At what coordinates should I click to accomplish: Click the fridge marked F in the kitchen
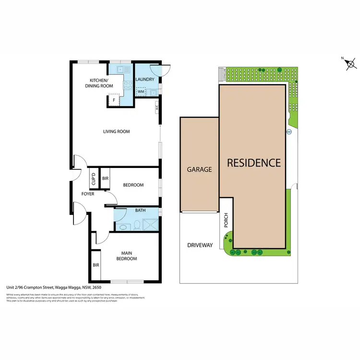click(114, 100)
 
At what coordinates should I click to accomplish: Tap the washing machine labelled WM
click(141, 91)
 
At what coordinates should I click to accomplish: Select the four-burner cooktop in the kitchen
click(128, 86)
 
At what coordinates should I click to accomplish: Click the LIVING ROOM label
click(117, 132)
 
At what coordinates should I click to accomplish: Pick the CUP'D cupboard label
click(94, 179)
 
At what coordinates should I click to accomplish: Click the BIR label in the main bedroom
click(96, 264)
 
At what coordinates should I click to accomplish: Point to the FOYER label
click(87, 194)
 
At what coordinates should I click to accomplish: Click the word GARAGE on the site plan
click(199, 169)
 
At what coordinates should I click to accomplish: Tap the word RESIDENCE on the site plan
click(253, 163)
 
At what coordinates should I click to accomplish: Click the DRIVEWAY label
click(199, 245)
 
